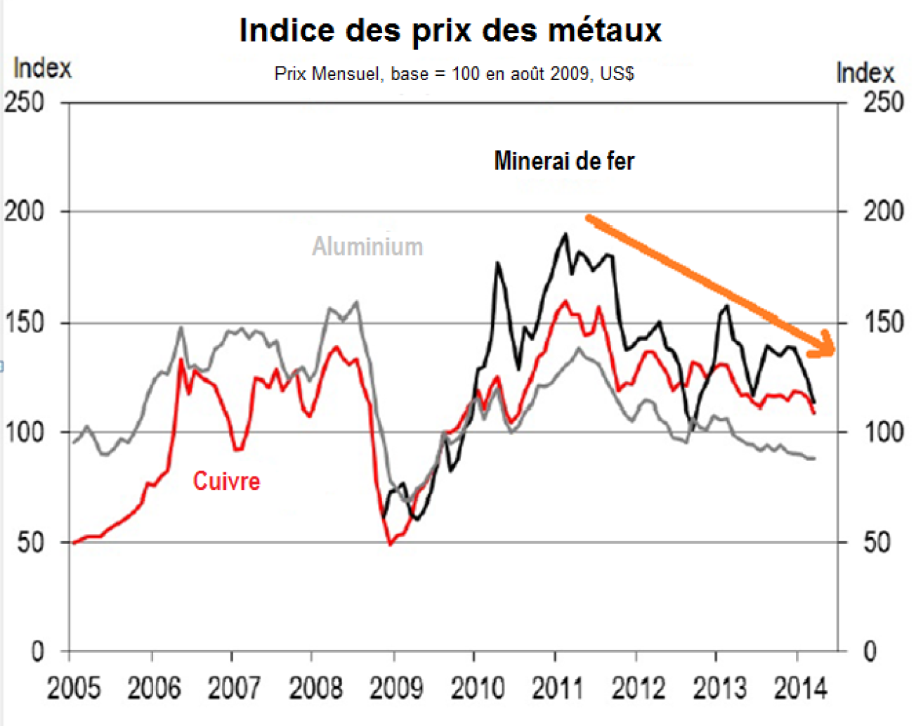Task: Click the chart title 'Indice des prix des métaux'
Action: [x=450, y=30]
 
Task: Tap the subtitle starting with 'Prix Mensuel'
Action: [x=454, y=74]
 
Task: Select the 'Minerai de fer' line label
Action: [x=564, y=161]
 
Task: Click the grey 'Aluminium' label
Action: [x=367, y=247]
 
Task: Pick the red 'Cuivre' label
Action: [x=226, y=481]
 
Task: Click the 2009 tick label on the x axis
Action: [x=396, y=688]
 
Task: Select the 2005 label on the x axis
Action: [x=74, y=688]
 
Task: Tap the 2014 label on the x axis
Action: [x=800, y=688]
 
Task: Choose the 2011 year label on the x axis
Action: [x=558, y=688]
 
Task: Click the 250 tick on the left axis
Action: [x=25, y=103]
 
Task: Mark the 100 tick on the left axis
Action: [x=25, y=432]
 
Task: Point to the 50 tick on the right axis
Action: [x=877, y=543]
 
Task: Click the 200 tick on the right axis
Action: [x=883, y=211]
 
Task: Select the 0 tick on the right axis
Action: [x=870, y=652]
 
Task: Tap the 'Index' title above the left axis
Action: [x=42, y=68]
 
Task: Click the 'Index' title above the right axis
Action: [x=865, y=73]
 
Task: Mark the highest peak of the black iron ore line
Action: [x=565, y=234]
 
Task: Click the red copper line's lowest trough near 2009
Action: [x=391, y=544]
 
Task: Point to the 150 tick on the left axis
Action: [x=25, y=323]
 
